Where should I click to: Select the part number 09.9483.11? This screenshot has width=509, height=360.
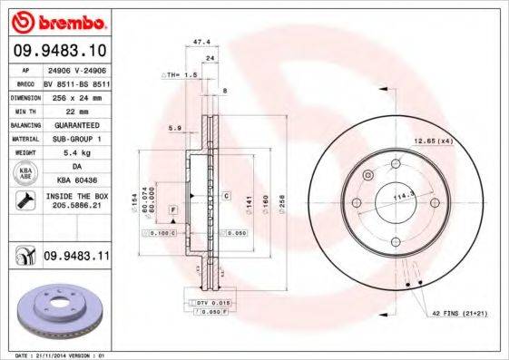tap(75, 258)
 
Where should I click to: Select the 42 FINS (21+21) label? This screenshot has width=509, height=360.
tap(452, 313)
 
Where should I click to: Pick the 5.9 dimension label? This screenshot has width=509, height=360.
tap(173, 128)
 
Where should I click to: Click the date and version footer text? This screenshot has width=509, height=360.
tap(56, 355)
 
